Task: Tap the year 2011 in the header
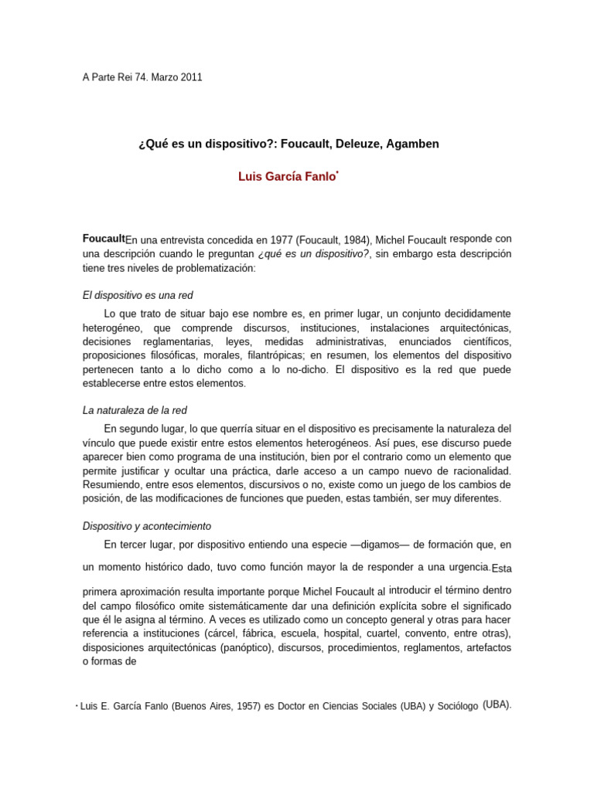point(192,77)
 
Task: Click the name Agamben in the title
point(411,144)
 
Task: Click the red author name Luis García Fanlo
point(287,177)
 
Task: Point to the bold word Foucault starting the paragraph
point(104,239)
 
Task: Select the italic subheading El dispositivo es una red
point(138,295)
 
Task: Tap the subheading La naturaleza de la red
point(135,410)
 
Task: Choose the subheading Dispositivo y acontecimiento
point(146,526)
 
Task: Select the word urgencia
point(462,567)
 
